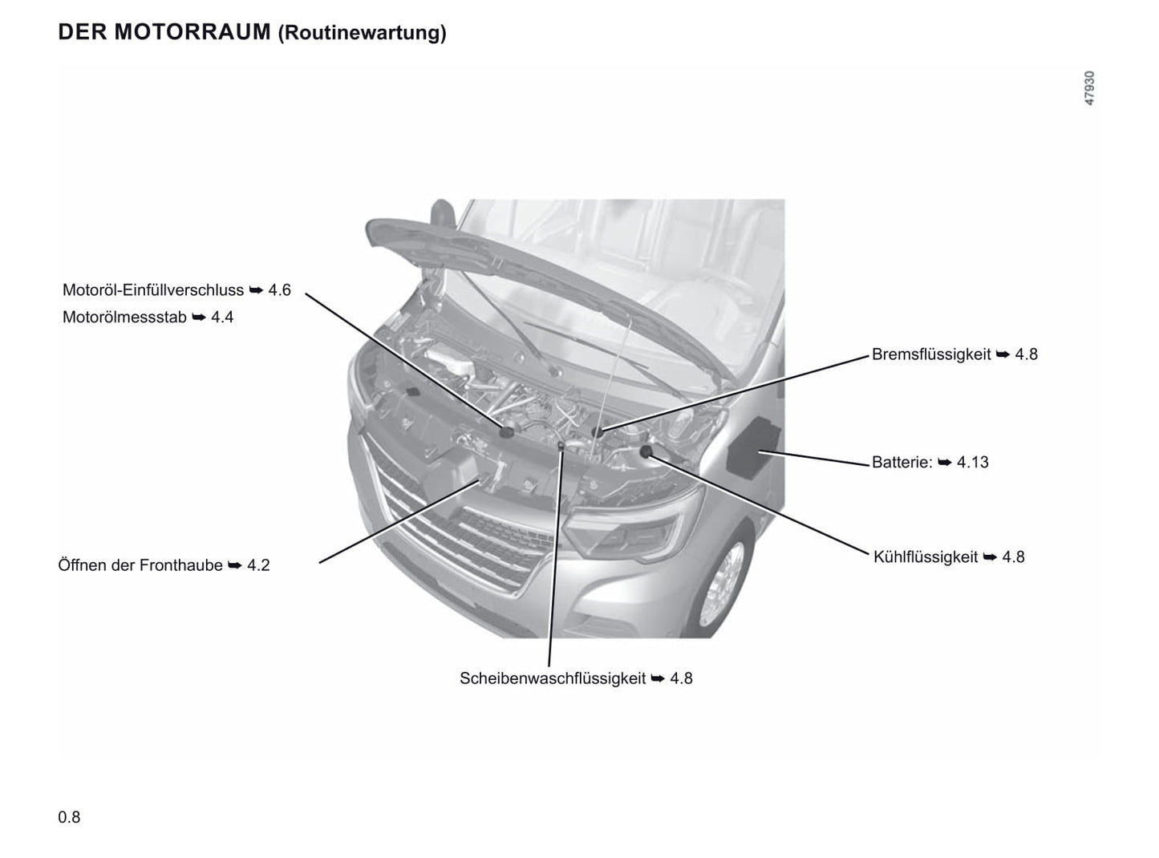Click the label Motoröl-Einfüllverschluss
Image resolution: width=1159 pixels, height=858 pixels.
[152, 290]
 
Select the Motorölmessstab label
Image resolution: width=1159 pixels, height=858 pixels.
[124, 318]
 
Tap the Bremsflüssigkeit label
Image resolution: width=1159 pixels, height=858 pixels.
[931, 354]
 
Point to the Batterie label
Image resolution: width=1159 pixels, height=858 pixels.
[902, 462]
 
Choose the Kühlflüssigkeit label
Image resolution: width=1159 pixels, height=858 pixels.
[926, 557]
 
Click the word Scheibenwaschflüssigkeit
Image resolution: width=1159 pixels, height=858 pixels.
[553, 678]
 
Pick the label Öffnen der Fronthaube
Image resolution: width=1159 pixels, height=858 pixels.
[140, 565]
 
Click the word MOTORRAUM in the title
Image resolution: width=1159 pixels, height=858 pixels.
[192, 32]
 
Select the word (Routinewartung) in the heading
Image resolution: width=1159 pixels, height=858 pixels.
[362, 33]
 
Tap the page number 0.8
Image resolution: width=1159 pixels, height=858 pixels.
[69, 817]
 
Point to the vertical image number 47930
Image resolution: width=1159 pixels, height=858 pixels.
[1089, 88]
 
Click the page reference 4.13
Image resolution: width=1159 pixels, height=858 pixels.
[972, 462]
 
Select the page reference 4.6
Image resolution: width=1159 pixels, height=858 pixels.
[280, 290]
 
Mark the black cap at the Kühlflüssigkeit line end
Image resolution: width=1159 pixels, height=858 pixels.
[646, 451]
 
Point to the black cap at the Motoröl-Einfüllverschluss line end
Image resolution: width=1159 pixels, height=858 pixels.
[506, 432]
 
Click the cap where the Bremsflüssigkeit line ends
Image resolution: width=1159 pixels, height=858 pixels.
[598, 431]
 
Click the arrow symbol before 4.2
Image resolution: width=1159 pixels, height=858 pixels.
[235, 565]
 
